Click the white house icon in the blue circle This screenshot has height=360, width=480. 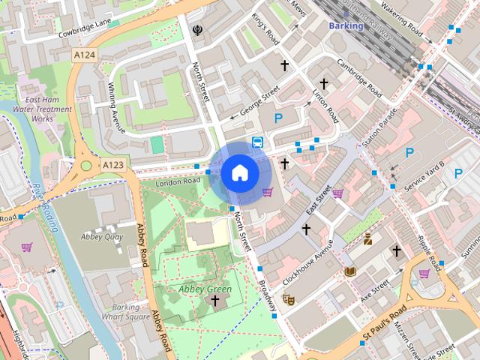click(240, 172)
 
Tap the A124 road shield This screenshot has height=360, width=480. click(85, 55)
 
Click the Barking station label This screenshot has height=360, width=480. click(346, 25)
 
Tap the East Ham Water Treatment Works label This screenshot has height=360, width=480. click(47, 109)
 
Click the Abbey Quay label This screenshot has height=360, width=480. click(102, 236)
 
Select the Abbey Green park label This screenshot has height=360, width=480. click(203, 289)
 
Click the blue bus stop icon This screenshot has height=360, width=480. click(257, 142)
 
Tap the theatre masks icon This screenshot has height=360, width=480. click(288, 300)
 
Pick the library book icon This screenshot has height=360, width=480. click(349, 271)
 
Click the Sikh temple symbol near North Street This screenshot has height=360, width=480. click(196, 31)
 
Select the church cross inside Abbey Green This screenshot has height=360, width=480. click(215, 301)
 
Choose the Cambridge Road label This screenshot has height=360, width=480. click(359, 79)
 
